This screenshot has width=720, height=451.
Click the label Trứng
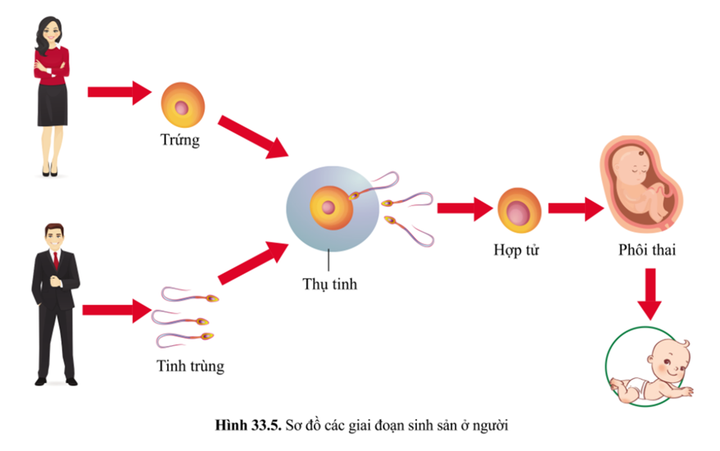click(x=180, y=140)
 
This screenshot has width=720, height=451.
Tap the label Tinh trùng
click(x=190, y=366)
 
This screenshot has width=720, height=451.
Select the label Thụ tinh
click(x=329, y=285)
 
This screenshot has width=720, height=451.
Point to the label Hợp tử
click(x=518, y=247)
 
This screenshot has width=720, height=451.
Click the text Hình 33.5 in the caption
click(x=243, y=424)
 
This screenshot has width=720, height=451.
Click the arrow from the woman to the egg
click(x=119, y=92)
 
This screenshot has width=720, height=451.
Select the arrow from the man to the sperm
click(x=114, y=311)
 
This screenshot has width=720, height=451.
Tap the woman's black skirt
click(x=51, y=104)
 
